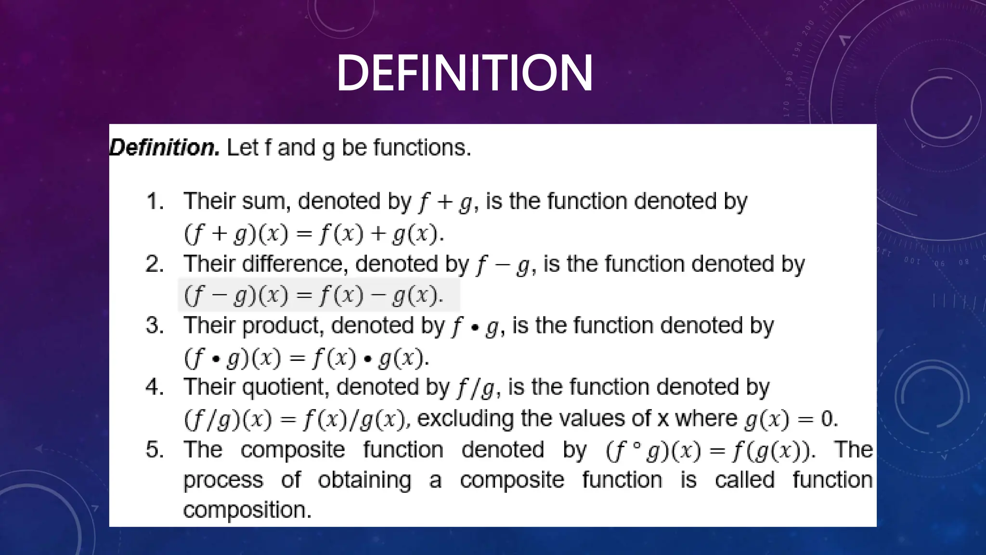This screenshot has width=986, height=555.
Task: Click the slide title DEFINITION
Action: [465, 73]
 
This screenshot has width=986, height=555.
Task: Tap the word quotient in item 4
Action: [285, 387]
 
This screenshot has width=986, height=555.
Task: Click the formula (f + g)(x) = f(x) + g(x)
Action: [314, 234]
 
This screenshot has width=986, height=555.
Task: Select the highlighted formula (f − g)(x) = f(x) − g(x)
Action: [314, 295]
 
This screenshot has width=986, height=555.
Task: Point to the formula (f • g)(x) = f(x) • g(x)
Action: [306, 357]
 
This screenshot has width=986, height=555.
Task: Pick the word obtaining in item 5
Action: [364, 480]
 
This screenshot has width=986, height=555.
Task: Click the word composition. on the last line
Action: [247, 510]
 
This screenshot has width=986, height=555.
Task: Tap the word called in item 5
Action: [744, 480]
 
